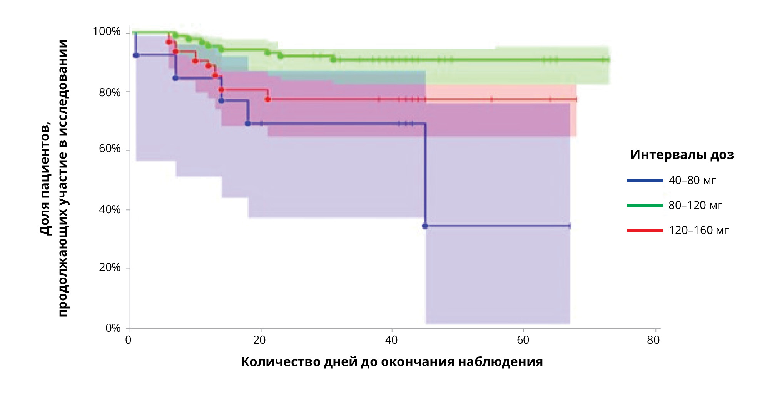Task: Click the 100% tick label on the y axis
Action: [107, 32]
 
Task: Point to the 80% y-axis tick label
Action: [110, 92]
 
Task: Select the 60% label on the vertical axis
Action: [110, 149]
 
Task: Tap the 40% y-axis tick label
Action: [110, 209]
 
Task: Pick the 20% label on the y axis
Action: [110, 268]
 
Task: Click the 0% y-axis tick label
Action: [113, 328]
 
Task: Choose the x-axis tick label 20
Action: [260, 340]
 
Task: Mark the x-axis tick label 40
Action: [391, 340]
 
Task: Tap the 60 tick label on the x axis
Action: [523, 340]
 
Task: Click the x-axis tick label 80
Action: [653, 340]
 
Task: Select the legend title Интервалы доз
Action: [682, 155]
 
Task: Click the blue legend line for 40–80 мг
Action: [645, 180]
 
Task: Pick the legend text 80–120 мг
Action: [695, 205]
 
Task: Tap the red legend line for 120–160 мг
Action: [645, 230]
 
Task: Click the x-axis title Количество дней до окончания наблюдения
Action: [392, 362]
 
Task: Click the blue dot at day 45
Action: [425, 226]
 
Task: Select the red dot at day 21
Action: [268, 99]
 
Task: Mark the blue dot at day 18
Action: [248, 124]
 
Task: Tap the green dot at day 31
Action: [333, 59]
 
